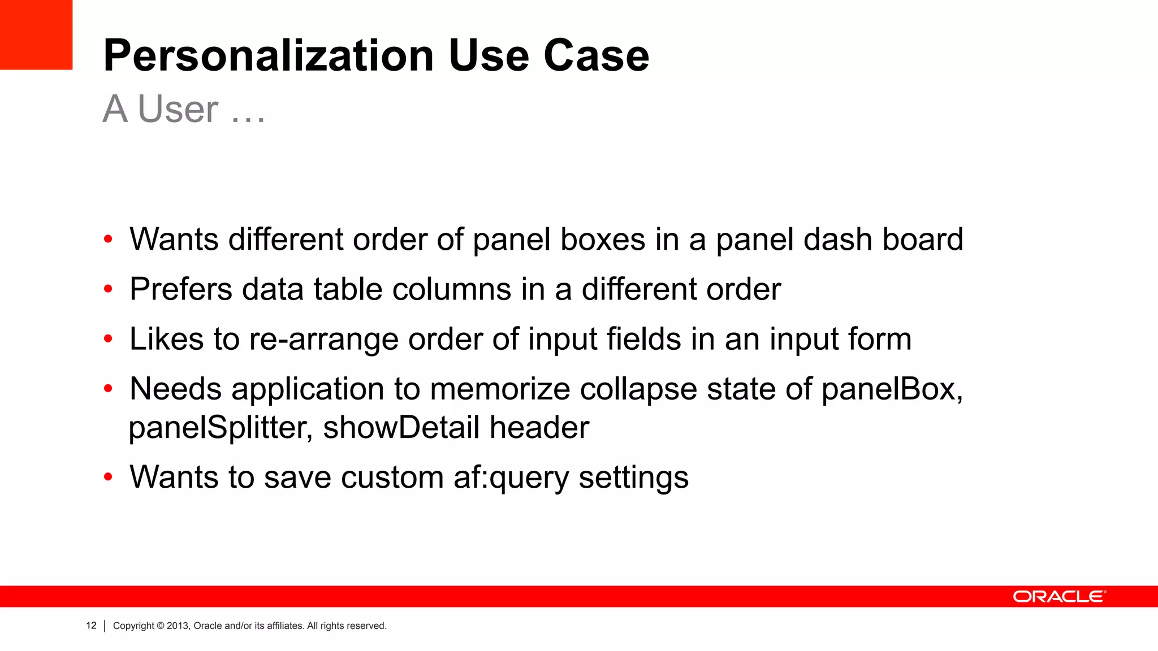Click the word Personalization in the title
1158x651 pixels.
click(x=269, y=55)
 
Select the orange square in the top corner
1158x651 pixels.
click(x=36, y=34)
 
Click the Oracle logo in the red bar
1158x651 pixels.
click(x=1059, y=597)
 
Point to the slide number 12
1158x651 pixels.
click(x=91, y=626)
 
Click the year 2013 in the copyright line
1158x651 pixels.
click(x=177, y=626)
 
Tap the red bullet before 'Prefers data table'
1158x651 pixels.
click(x=108, y=289)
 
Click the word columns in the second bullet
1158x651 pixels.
click(x=452, y=289)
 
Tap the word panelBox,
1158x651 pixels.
click(x=892, y=389)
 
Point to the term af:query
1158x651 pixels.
click(x=511, y=478)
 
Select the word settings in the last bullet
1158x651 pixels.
click(x=633, y=478)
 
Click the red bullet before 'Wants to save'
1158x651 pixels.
click(x=108, y=477)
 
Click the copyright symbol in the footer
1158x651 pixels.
click(x=161, y=626)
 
